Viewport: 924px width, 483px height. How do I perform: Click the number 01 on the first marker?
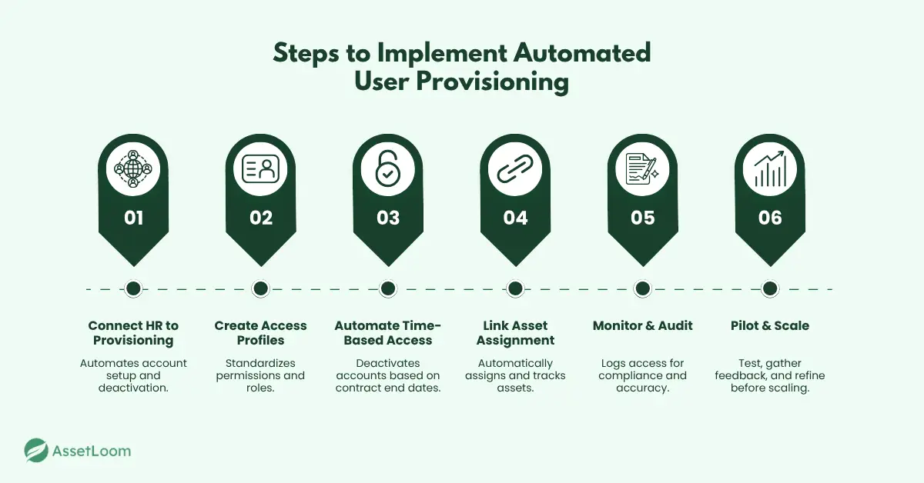point(133,218)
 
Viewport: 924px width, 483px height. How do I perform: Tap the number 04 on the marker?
point(515,218)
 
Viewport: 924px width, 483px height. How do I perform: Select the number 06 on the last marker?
point(769,218)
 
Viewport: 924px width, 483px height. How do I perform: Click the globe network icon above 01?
point(133,168)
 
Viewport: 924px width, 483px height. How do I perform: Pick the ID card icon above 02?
point(260,168)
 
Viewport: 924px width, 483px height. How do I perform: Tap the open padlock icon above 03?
point(387,168)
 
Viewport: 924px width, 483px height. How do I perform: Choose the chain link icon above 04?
point(515,168)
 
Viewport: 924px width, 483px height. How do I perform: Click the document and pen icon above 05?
point(642,168)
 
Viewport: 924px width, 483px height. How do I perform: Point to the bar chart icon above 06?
point(769,168)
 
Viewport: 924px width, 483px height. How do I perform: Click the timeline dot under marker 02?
point(260,288)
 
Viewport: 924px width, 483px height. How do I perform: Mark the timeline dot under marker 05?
point(642,288)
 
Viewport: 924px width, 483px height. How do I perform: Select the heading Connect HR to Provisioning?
point(133,333)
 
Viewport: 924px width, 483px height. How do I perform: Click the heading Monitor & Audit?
point(642,326)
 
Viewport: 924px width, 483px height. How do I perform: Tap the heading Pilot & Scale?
point(769,326)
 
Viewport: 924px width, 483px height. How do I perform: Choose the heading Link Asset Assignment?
point(515,333)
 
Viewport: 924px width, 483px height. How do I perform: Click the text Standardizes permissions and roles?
point(260,375)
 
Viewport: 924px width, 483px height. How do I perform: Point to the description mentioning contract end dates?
point(387,375)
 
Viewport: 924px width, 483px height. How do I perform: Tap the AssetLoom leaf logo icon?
point(36,451)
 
